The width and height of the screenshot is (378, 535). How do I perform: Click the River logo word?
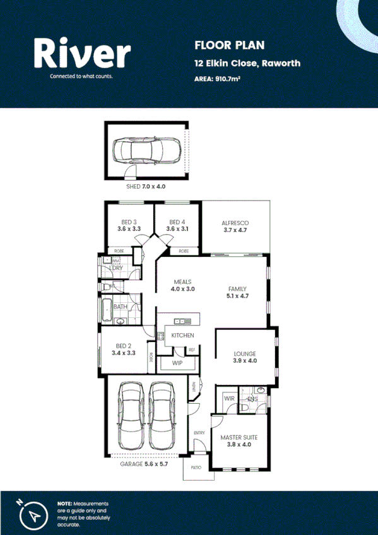pos(83,55)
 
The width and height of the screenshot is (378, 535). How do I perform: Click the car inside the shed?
pos(146,151)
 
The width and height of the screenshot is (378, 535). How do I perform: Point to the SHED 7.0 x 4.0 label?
pos(146,187)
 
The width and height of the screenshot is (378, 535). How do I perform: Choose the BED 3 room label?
pos(129,223)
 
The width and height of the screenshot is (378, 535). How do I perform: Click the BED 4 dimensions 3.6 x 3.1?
pos(177,230)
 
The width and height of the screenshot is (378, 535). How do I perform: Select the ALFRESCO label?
pos(236,223)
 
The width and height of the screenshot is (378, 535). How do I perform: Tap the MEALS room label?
pos(182,282)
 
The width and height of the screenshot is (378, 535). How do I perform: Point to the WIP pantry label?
pos(177,364)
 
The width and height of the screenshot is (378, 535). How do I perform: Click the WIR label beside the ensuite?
pos(228,399)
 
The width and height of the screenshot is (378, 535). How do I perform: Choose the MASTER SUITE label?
pos(239,437)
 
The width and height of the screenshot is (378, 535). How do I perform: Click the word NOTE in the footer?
pos(64,503)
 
